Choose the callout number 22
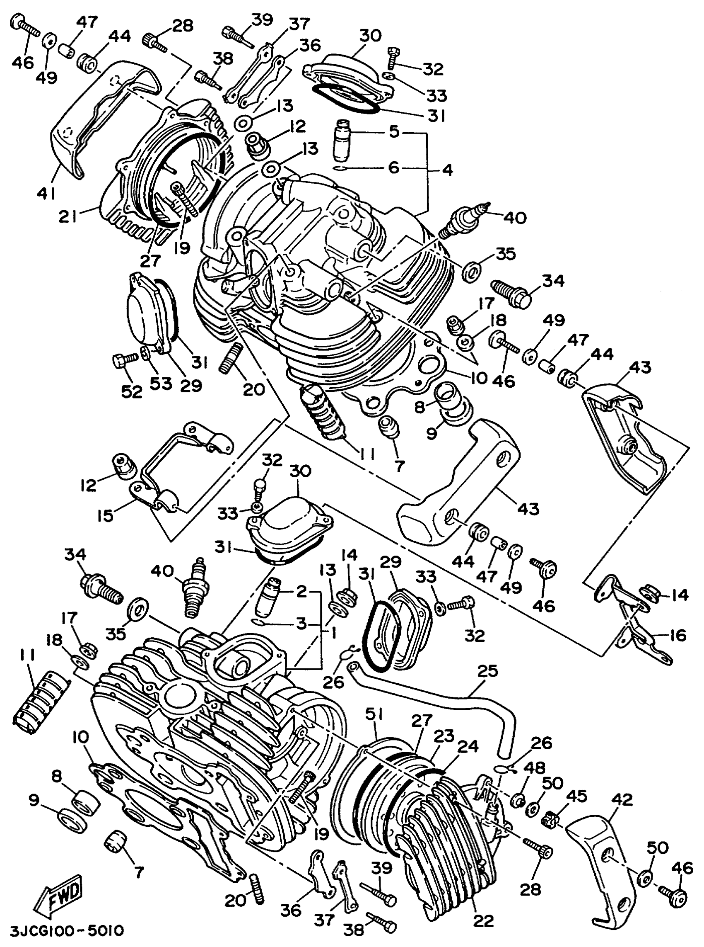pos(482,920)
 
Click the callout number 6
pos(393,167)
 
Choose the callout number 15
pos(105,515)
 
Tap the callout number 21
pos(68,218)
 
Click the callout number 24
pos(468,746)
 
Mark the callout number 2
pos(301,592)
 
